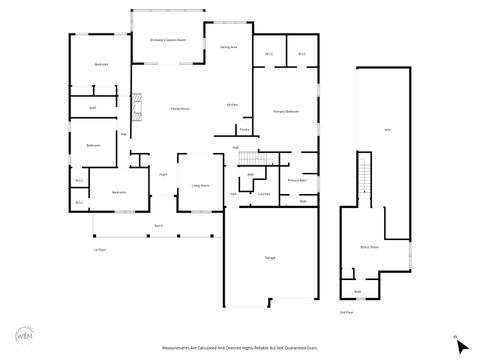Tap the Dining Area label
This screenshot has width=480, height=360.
[227, 47]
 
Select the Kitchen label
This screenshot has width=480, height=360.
[232, 104]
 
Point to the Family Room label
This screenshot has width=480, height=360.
[180, 108]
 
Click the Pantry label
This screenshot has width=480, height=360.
[244, 129]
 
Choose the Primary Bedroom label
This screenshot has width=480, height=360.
[286, 112]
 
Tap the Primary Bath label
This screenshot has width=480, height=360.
[296, 180]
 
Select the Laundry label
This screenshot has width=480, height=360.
[265, 194]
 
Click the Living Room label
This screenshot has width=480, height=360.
[201, 185]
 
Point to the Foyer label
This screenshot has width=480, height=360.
[163, 174]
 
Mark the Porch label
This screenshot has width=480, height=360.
[158, 226]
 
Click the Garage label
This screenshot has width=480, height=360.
[270, 258]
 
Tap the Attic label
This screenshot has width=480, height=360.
[387, 131]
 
